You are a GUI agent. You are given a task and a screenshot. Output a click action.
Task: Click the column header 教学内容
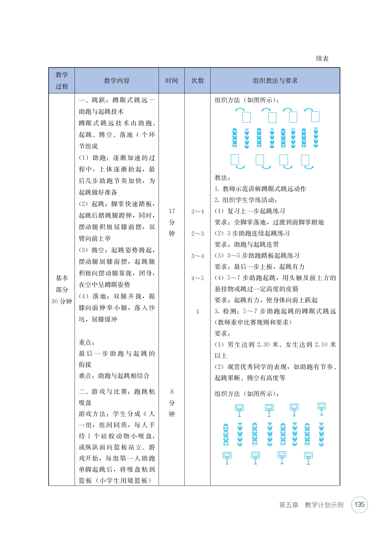[x=117, y=81]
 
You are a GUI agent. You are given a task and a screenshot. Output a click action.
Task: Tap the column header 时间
[x=171, y=81]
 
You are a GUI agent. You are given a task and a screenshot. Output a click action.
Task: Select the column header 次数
[x=198, y=81]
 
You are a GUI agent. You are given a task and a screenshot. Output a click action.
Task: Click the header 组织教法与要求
[x=275, y=81]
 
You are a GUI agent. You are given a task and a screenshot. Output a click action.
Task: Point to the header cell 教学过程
[x=62, y=81]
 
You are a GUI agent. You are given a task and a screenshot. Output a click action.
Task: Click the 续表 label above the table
[x=322, y=59]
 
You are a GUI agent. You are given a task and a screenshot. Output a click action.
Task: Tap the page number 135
[x=359, y=505]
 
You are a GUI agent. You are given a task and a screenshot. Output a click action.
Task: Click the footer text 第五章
[x=289, y=505]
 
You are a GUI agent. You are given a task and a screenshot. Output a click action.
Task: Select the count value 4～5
[x=198, y=278]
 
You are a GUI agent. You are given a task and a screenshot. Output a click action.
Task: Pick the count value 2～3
[x=198, y=234]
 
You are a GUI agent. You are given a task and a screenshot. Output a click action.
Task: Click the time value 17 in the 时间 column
[x=172, y=211]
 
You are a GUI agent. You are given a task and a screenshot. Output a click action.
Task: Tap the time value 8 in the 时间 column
[x=172, y=392]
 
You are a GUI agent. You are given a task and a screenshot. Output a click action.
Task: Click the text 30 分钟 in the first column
[x=62, y=302]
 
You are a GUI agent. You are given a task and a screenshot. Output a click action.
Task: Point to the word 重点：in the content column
[x=87, y=343]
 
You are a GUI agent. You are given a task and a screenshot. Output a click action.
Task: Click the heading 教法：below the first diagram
[x=223, y=178]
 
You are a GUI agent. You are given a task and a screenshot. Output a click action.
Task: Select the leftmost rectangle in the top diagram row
[x=246, y=117]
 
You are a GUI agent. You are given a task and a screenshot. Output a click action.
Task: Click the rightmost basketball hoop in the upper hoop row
[x=321, y=408]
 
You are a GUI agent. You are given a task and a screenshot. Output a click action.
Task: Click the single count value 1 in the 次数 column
[x=198, y=312]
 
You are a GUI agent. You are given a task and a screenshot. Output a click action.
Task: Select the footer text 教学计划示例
[x=324, y=505]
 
